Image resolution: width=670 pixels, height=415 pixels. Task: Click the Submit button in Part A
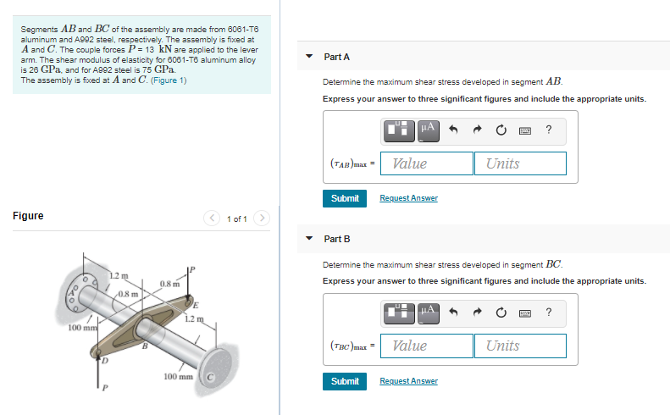point(345,198)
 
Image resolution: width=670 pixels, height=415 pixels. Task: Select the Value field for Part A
point(426,163)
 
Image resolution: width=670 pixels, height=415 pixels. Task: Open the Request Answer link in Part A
point(408,198)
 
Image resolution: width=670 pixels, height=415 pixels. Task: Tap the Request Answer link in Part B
point(408,381)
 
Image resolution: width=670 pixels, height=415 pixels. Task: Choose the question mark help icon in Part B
point(549,313)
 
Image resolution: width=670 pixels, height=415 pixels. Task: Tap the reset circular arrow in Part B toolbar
point(501,313)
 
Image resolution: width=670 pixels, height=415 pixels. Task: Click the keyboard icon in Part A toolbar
point(525,130)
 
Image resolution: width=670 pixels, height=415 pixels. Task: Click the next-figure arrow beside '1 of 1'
point(263,219)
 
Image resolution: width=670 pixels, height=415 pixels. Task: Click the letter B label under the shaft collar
point(145,345)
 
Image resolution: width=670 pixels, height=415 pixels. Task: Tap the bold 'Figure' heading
point(28,216)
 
